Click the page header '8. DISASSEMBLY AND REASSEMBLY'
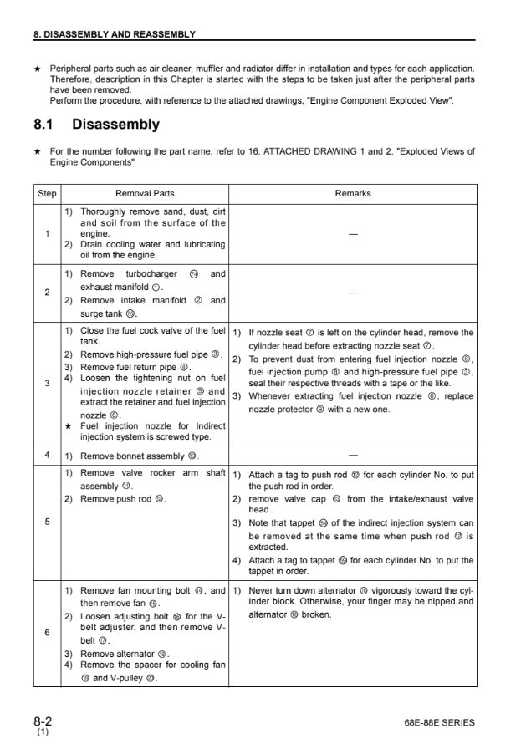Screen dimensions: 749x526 (113, 34)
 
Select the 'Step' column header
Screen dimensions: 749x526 (48, 193)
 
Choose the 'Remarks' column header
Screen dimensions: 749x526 (352, 193)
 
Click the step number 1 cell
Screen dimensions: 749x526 (48, 233)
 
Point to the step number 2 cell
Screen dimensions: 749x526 (48, 293)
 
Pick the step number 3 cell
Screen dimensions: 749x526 (48, 384)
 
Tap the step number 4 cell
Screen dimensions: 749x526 (48, 456)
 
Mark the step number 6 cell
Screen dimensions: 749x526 (48, 633)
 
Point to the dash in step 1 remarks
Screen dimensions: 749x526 (352, 234)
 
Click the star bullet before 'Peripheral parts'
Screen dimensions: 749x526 (38, 69)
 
